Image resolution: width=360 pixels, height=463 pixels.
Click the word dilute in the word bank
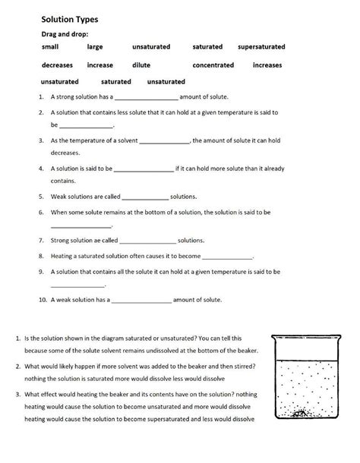[x=141, y=65]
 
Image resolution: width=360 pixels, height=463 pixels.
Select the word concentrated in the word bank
[x=213, y=65]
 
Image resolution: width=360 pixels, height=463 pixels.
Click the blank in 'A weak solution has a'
[x=141, y=301]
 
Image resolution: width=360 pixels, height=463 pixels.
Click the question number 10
[x=43, y=301]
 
